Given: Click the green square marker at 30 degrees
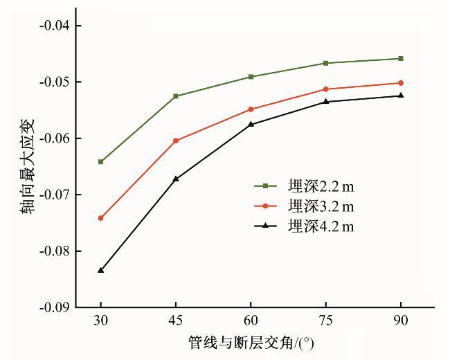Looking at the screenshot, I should pos(101,162).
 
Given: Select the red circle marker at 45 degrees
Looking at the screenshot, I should pos(176,141).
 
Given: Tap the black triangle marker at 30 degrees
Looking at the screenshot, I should pos(101,270).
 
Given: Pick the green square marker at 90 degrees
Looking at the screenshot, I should pos(401,59).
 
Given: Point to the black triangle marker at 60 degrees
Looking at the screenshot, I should pos(251,125).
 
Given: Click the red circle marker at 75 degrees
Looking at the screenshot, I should pos(325,89).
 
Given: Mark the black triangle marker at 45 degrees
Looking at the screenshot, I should pos(176,179).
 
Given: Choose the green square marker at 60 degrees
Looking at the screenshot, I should pos(251,77).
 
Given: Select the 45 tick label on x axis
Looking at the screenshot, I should pos(176,321).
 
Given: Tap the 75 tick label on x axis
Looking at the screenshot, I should pos(325,321).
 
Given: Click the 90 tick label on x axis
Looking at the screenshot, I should pos(401,321).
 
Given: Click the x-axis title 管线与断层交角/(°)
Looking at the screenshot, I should pos(255,343).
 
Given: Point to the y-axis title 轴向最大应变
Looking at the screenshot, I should pos(26,167).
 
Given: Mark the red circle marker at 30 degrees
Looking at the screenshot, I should pos(101,218).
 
